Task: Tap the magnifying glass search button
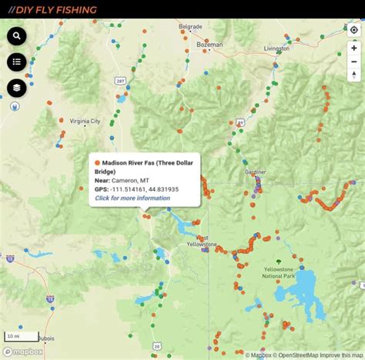(x=17, y=36)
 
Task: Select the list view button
(x=17, y=62)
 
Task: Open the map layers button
(x=17, y=88)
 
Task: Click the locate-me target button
(x=354, y=31)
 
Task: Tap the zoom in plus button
(x=354, y=48)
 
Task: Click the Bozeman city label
(x=209, y=45)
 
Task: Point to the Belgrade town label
(x=189, y=26)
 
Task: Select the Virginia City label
(x=85, y=122)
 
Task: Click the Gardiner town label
(x=255, y=172)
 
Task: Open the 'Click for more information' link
(x=132, y=198)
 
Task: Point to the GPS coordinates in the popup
(x=145, y=189)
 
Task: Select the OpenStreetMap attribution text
(x=299, y=355)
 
